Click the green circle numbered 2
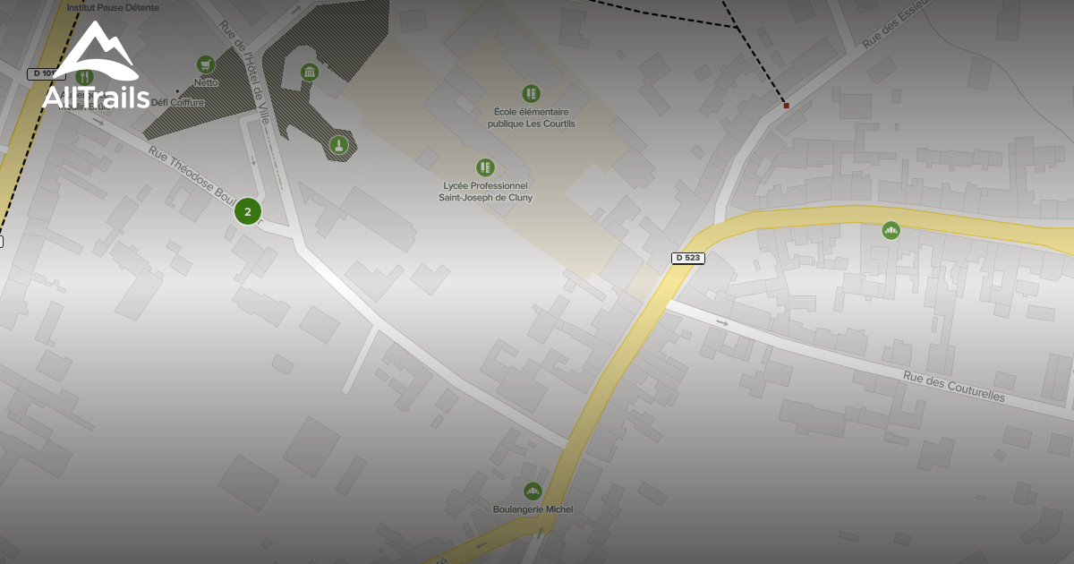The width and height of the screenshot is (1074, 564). click(x=248, y=212)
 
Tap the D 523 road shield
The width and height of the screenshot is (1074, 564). click(x=687, y=258)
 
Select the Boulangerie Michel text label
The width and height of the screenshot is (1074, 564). click(x=533, y=509)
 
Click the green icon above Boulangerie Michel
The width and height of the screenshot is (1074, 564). click(x=533, y=491)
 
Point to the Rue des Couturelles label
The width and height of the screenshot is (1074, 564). click(x=953, y=387)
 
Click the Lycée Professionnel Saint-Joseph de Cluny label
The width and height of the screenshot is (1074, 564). click(x=485, y=192)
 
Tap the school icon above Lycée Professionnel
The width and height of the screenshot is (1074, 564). click(x=485, y=167)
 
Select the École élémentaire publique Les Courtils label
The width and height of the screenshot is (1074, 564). click(x=531, y=117)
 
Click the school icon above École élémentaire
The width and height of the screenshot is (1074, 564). click(x=531, y=93)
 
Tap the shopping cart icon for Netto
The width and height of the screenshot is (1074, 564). click(x=206, y=64)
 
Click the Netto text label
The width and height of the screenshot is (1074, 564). click(x=206, y=82)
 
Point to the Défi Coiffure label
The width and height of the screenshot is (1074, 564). click(x=177, y=102)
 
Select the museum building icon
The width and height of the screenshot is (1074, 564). click(x=310, y=72)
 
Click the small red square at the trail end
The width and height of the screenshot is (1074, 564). click(x=786, y=106)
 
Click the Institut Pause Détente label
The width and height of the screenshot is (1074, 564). click(x=113, y=8)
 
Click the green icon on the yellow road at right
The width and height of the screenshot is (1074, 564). click(x=891, y=230)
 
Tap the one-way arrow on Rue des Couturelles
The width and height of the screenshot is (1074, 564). click(x=722, y=322)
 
